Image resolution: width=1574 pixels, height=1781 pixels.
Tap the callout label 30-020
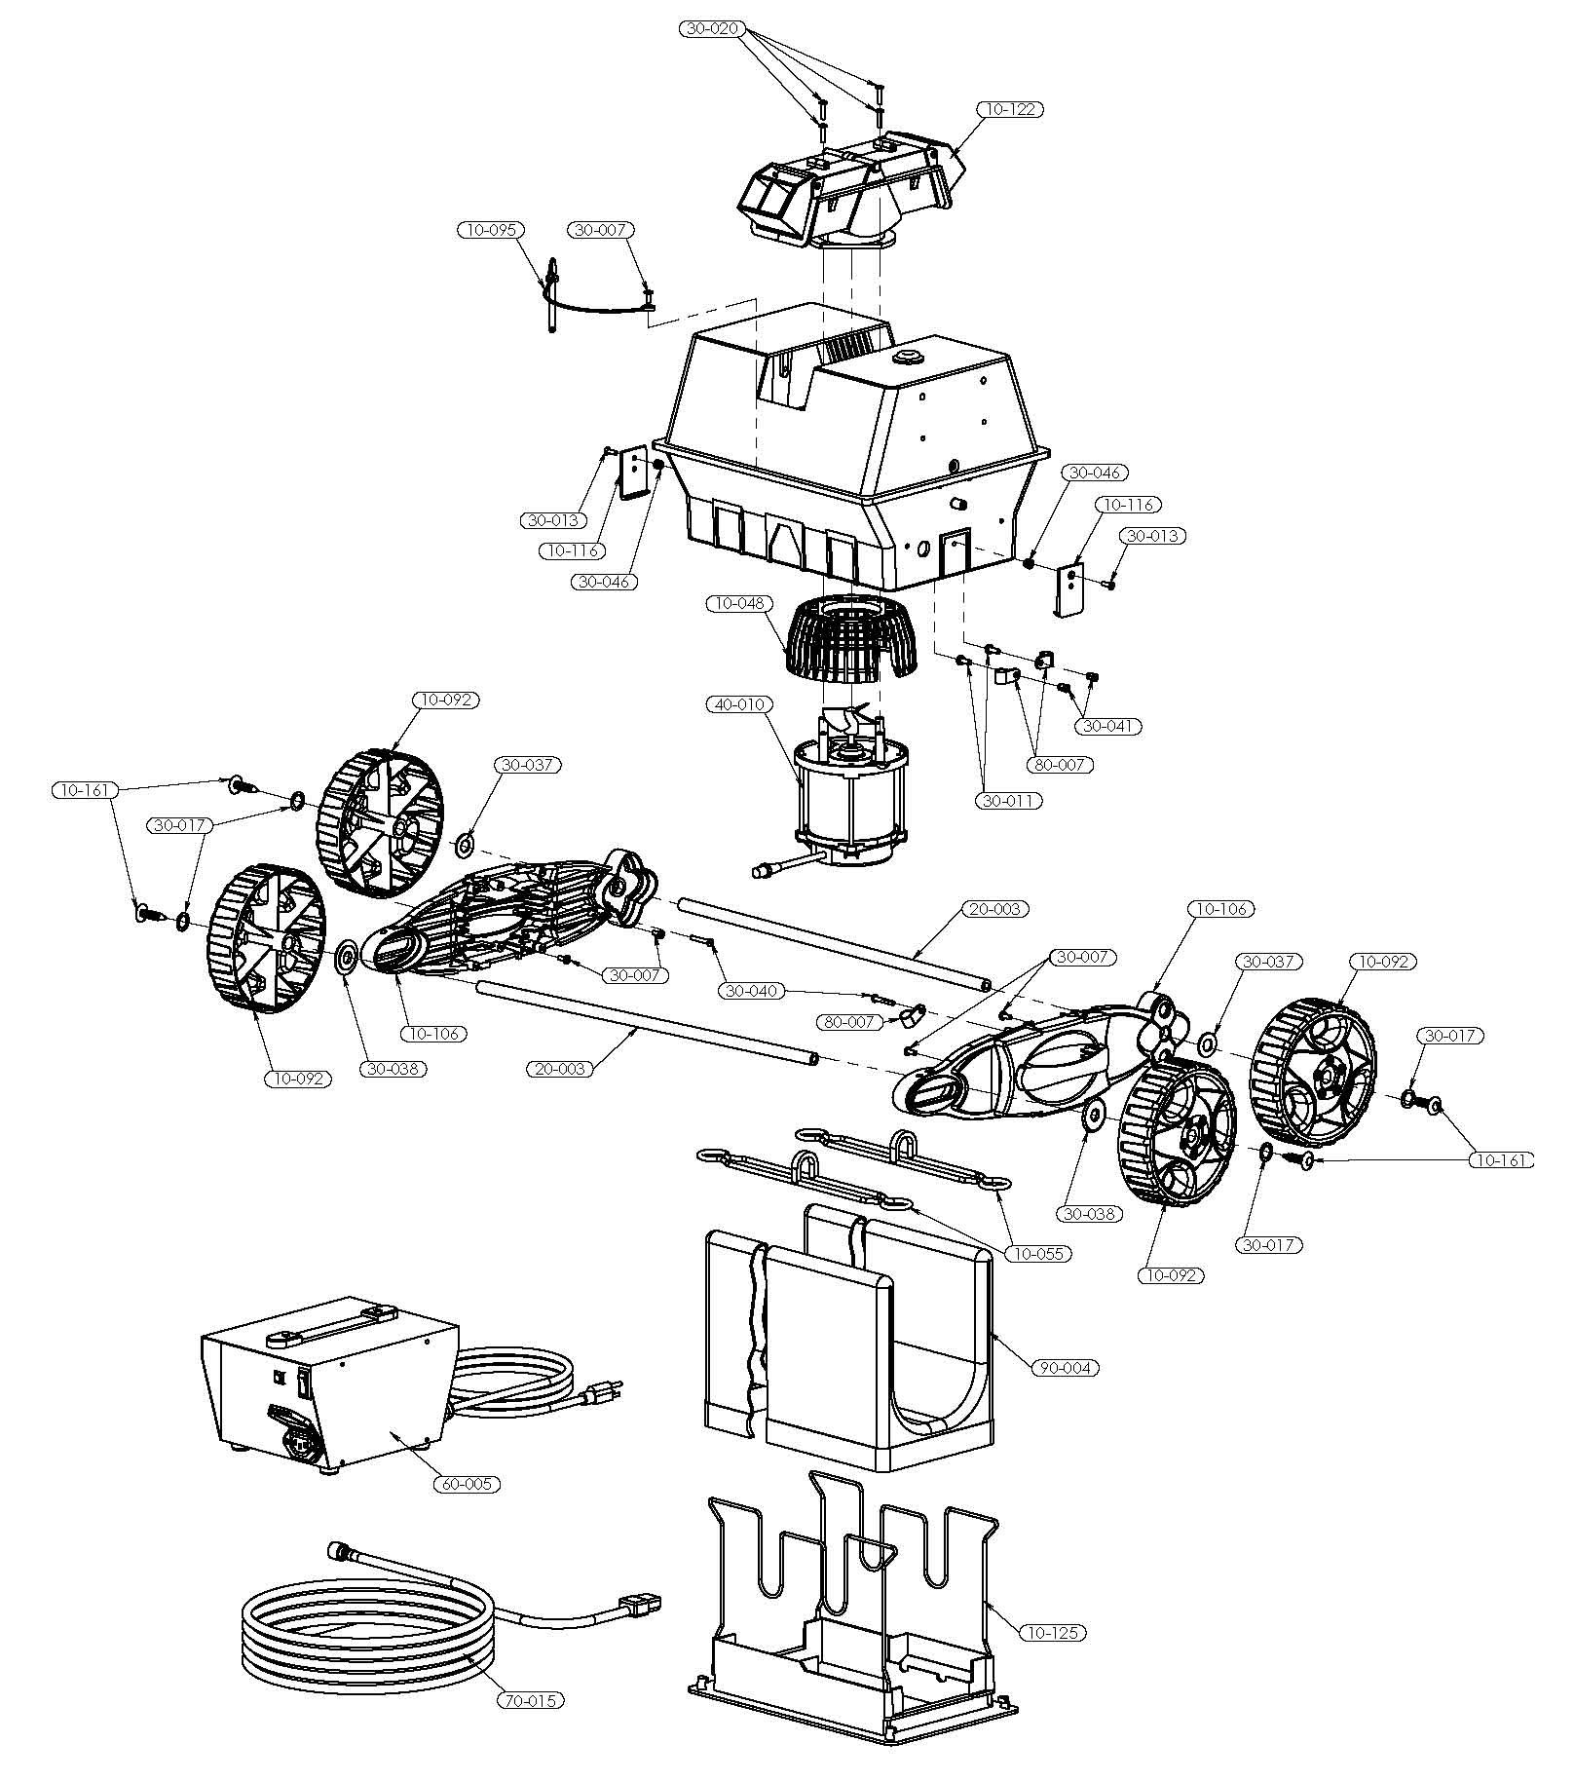(x=712, y=29)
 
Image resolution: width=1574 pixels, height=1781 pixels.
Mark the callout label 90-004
(x=1067, y=1368)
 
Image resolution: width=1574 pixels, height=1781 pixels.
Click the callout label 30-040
(x=753, y=991)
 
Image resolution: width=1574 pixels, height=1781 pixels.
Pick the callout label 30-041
(x=1109, y=726)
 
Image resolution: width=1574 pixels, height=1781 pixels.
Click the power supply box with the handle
(x=326, y=1383)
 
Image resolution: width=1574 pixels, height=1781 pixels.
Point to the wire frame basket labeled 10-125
(x=852, y=1617)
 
